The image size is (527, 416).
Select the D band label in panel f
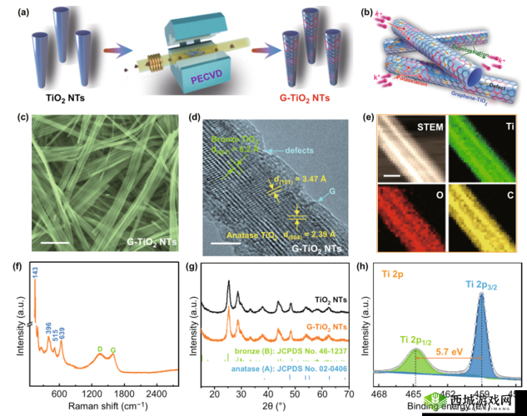click(x=100, y=348)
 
